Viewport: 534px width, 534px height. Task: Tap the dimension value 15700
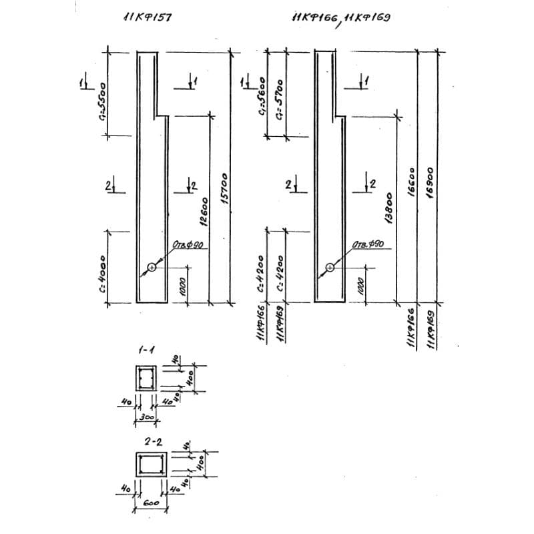pyautogui.click(x=225, y=190)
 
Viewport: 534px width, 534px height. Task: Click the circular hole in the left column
pyautogui.click(x=152, y=268)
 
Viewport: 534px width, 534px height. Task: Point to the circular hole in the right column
pyautogui.click(x=330, y=268)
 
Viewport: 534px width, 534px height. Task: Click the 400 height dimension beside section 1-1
pyautogui.click(x=191, y=379)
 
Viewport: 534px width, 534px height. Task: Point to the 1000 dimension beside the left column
pyautogui.click(x=181, y=285)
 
